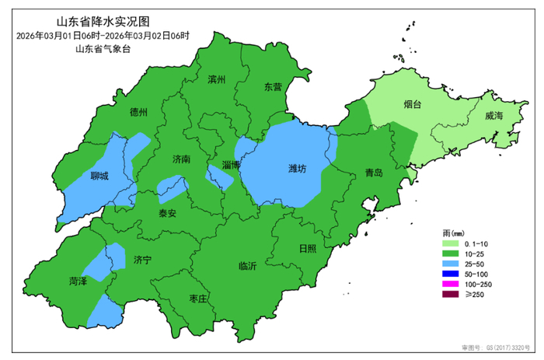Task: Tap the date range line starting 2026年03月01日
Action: click(103, 36)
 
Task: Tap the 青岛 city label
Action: click(374, 173)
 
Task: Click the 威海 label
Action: click(493, 116)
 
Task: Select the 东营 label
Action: click(273, 87)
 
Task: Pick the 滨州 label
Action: click(216, 79)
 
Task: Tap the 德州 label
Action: click(139, 111)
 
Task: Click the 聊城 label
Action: click(99, 176)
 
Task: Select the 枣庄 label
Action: click(198, 299)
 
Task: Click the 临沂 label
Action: click(248, 265)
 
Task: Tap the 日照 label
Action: click(308, 249)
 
